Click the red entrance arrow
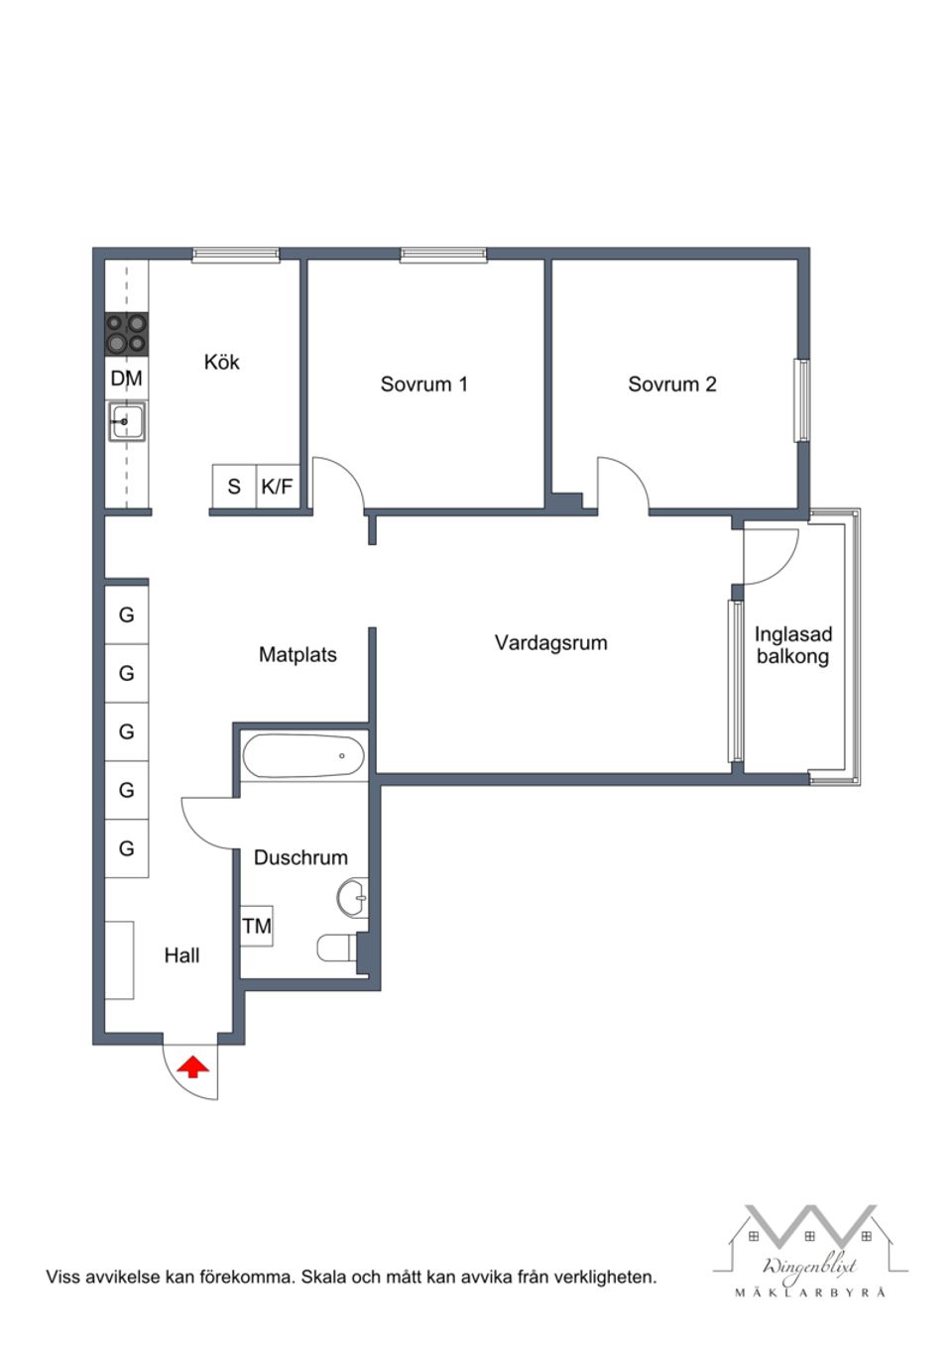click(x=192, y=1067)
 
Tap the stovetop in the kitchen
click(x=127, y=334)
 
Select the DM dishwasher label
click(x=126, y=379)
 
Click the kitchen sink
click(x=127, y=422)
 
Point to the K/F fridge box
click(x=277, y=487)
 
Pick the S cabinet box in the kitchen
click(x=234, y=487)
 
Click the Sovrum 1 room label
click(x=423, y=385)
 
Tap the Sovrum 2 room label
click(x=671, y=385)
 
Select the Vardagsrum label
click(x=550, y=643)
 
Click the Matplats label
click(x=297, y=655)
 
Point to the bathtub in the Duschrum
click(x=303, y=756)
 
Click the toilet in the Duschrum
click(x=337, y=949)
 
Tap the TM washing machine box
click(x=257, y=926)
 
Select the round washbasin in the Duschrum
click(x=352, y=899)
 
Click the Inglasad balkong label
click(x=792, y=645)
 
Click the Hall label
click(x=181, y=955)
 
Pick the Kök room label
click(x=221, y=363)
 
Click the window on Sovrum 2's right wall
click(x=801, y=399)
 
